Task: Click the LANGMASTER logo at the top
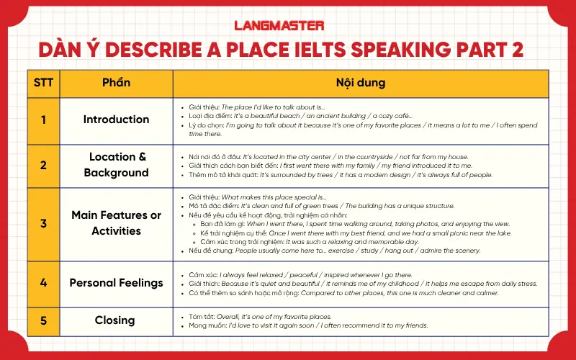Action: point(288,25)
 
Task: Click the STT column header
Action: point(43,83)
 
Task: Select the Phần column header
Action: point(116,83)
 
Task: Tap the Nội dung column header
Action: point(360,83)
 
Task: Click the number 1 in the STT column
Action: point(43,120)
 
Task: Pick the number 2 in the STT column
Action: point(43,165)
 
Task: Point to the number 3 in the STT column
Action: point(43,223)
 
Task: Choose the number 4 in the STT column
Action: point(43,283)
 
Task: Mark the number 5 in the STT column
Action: point(43,320)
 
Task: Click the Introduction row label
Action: point(116,120)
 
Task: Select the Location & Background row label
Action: point(116,165)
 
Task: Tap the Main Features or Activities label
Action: point(116,223)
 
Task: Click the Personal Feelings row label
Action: point(116,283)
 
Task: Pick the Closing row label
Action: point(115,320)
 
